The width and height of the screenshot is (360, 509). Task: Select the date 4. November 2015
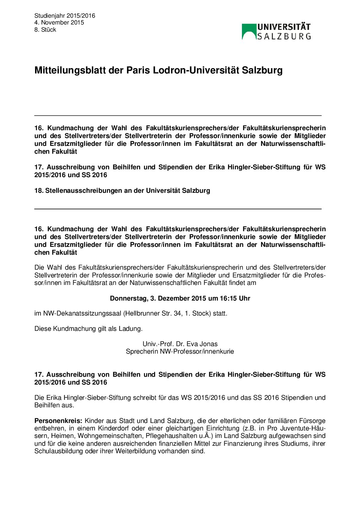(x=59, y=22)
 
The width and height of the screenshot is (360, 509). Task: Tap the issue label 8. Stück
(x=45, y=30)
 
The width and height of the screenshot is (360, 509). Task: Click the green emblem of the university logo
(x=249, y=31)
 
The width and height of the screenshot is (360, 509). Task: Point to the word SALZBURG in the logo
(x=284, y=36)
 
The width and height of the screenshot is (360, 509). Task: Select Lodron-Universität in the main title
(x=196, y=70)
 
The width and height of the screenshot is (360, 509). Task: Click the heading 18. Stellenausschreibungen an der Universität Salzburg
(x=122, y=191)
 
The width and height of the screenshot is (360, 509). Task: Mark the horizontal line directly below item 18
(x=178, y=209)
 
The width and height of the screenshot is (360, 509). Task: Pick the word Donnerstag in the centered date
(x=128, y=299)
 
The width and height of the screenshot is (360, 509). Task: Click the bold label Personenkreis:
(x=58, y=421)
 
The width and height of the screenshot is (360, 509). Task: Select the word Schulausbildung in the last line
(x=59, y=451)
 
